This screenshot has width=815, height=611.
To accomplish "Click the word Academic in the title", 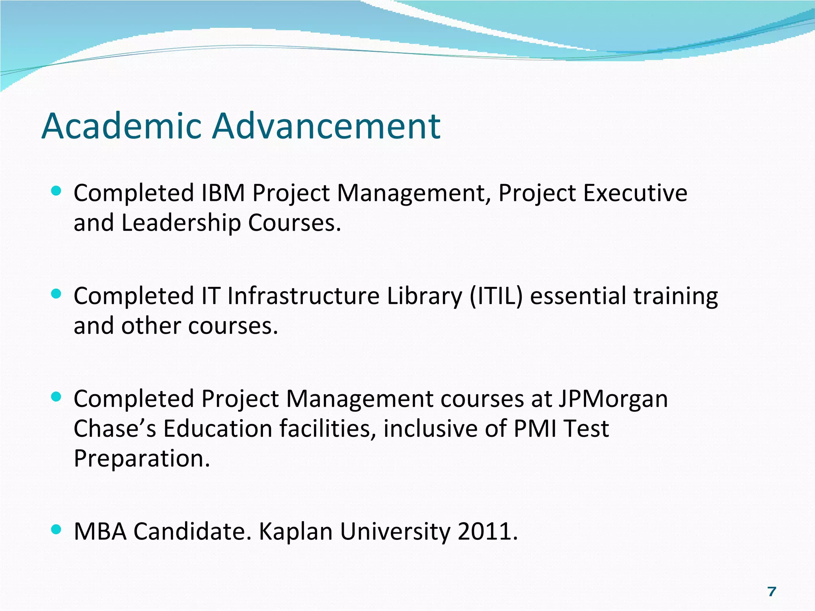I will tap(121, 126).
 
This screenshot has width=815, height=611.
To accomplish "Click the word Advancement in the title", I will tap(326, 126).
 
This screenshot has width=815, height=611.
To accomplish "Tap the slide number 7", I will tap(772, 592).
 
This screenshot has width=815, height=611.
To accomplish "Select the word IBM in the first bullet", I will tap(223, 193).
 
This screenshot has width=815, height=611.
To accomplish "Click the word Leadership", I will tap(181, 223).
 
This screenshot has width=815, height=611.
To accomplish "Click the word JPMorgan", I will tap(613, 399).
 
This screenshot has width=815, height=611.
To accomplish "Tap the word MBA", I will tap(100, 531).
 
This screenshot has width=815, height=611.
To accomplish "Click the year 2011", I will tap(487, 531).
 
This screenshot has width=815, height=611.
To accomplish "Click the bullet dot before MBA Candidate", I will tap(57, 529).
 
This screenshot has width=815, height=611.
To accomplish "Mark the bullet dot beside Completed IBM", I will tap(57, 191).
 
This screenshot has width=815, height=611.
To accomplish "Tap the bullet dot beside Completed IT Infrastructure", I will tap(57, 294).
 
